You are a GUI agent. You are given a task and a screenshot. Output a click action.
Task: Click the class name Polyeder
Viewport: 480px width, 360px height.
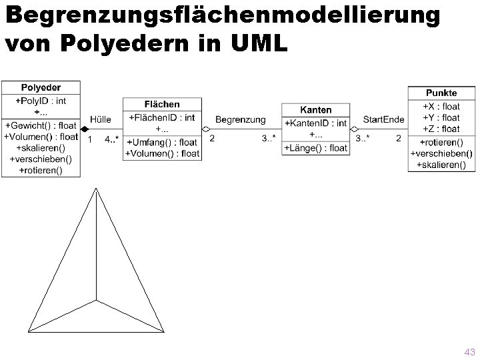coord(41,87)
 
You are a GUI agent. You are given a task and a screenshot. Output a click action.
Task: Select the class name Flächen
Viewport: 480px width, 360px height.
coord(162,104)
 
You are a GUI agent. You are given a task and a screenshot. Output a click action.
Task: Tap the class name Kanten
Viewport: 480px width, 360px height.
coord(315,109)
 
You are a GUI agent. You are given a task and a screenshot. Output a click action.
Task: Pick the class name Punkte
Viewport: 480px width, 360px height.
coord(441,93)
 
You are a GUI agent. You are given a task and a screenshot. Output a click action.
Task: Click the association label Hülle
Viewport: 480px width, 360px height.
coord(101,119)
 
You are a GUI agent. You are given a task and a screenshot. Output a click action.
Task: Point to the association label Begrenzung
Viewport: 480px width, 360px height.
coord(240,119)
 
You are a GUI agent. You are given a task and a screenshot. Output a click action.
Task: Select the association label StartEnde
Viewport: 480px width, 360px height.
coord(383,119)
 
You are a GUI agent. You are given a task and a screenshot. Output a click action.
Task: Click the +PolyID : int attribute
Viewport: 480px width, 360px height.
coord(41,101)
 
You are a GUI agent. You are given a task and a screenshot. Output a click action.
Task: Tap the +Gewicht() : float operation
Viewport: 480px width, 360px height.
coord(41,125)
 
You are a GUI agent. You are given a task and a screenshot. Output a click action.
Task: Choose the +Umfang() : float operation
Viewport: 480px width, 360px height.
coord(162,142)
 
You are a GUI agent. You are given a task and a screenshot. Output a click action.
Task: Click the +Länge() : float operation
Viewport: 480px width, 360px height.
coord(316,147)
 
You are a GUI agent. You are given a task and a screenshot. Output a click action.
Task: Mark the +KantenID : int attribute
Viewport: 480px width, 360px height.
coord(316,123)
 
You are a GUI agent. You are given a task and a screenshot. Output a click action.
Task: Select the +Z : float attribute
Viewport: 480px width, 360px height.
coord(441,129)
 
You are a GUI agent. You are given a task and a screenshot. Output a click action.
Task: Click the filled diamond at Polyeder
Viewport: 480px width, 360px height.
coord(85,129)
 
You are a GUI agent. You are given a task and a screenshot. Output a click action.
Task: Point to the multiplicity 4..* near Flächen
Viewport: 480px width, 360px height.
coord(112,139)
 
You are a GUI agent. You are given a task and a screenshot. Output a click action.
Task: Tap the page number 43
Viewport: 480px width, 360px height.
coord(469,351)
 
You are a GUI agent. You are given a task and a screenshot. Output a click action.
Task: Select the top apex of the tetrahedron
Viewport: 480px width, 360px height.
coord(96,190)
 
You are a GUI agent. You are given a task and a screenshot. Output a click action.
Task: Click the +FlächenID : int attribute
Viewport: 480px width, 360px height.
coord(162,118)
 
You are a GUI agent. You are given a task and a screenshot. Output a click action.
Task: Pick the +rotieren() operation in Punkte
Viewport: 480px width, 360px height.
coord(441,141)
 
